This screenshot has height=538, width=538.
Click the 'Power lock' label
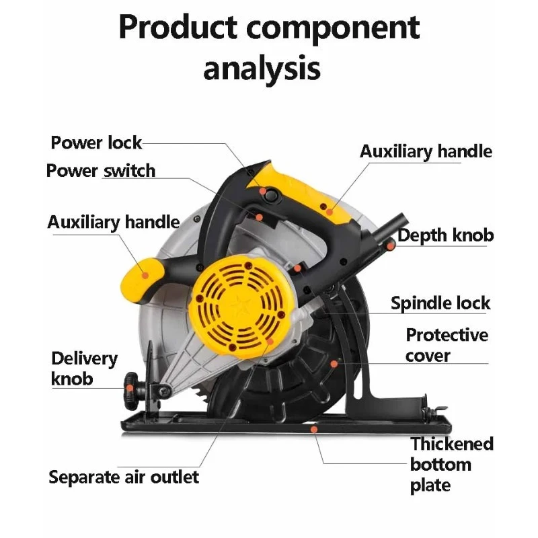(96, 143)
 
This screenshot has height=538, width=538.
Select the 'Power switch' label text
(101, 171)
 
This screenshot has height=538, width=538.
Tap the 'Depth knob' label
(446, 235)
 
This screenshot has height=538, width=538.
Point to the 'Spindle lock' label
(440, 303)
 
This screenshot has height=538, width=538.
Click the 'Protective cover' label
(447, 345)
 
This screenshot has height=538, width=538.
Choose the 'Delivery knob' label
(84, 369)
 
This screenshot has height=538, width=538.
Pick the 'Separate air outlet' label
(124, 477)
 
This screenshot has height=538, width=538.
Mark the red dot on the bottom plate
(313, 428)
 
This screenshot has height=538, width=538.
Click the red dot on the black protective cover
(334, 364)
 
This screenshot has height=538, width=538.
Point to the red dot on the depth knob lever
(390, 246)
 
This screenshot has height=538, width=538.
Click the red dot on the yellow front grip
(146, 274)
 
